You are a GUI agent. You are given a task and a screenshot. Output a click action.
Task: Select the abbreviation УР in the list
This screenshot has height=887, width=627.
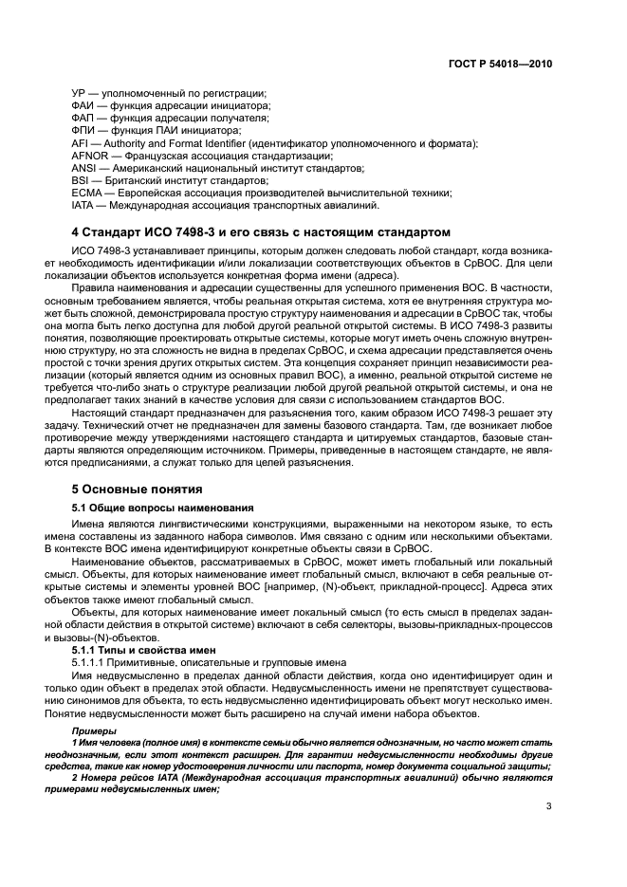(80, 93)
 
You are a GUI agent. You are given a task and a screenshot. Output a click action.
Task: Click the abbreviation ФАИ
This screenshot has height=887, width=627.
(83, 105)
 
